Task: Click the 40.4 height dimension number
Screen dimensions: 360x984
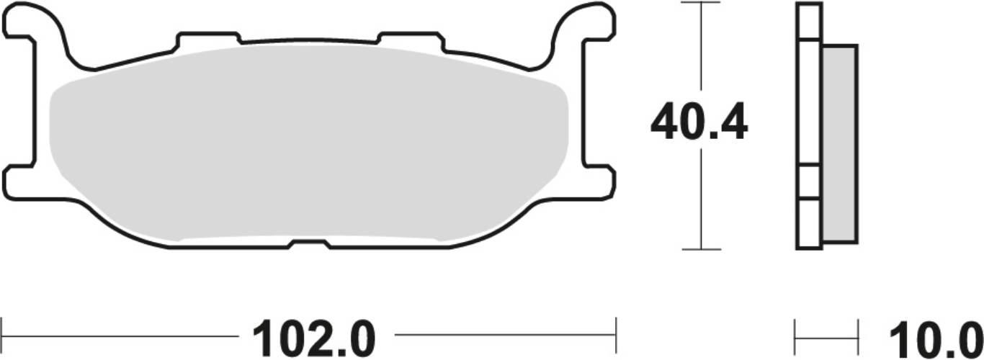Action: click(699, 124)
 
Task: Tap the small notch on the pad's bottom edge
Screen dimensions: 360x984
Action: click(309, 245)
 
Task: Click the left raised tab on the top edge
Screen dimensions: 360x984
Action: click(209, 38)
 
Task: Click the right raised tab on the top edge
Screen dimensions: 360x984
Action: click(410, 38)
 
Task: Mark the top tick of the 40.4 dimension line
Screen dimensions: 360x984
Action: click(701, 3)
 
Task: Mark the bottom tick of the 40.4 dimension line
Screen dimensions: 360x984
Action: click(701, 249)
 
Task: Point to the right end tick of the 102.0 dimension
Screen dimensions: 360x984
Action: click(616, 336)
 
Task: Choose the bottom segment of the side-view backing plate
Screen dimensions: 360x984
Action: click(809, 223)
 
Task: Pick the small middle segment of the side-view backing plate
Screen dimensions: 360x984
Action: click(809, 181)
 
